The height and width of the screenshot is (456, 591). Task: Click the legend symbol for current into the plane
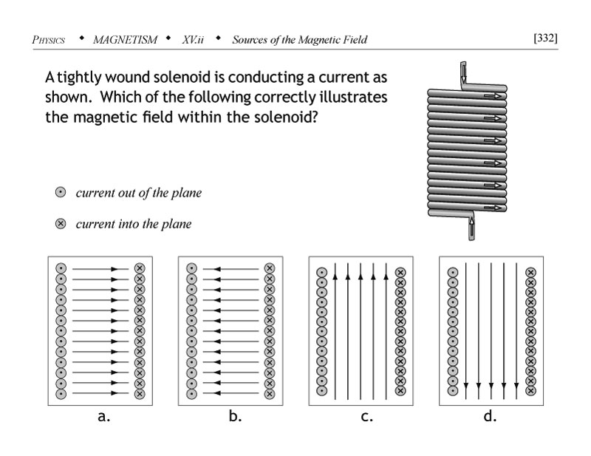pyautogui.click(x=61, y=224)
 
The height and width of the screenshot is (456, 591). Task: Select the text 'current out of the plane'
pyautogui.click(x=138, y=194)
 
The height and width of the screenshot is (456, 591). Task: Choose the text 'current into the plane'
pyautogui.click(x=133, y=224)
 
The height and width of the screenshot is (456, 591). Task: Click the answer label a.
pyautogui.click(x=104, y=416)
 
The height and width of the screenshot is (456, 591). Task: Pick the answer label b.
pyautogui.click(x=235, y=416)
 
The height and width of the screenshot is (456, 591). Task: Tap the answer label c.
pyautogui.click(x=366, y=416)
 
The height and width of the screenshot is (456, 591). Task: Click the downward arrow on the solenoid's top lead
pyautogui.click(x=462, y=74)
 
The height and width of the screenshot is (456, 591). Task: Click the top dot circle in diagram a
pyautogui.click(x=61, y=268)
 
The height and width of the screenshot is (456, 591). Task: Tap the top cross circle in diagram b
pyautogui.click(x=269, y=268)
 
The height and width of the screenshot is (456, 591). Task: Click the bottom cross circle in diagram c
pyautogui.click(x=400, y=389)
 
